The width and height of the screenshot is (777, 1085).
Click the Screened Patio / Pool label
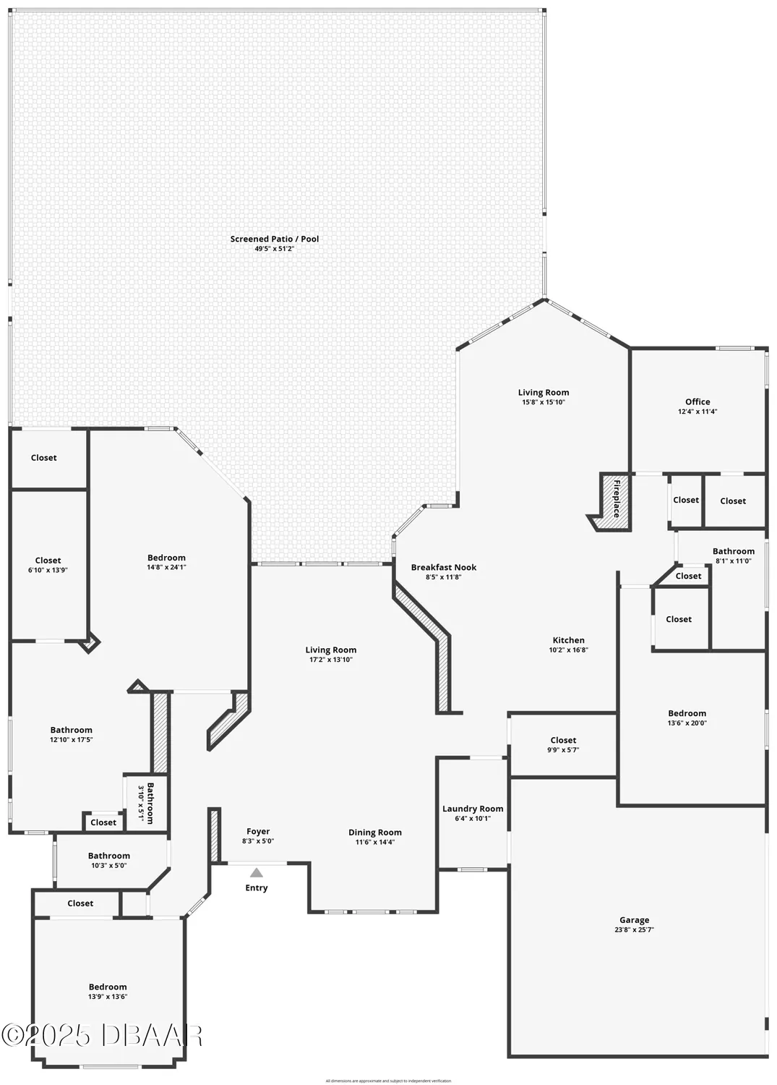274,239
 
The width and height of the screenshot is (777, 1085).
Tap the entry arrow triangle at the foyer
257,872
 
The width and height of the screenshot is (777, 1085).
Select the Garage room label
634,920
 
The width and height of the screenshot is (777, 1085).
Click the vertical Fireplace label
617,498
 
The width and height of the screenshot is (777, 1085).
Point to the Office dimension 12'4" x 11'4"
697,412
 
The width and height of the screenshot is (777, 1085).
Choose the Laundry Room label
473,809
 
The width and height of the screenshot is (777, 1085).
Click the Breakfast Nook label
444,567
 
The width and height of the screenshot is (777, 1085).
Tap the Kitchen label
568,640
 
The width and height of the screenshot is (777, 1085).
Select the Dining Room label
374,833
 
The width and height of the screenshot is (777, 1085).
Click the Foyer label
258,832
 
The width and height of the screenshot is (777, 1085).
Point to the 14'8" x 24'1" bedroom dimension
166,567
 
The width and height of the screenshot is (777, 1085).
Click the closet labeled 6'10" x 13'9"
48,561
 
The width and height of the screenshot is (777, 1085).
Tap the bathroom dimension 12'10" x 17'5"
71,739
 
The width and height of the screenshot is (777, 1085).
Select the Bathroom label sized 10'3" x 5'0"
109,856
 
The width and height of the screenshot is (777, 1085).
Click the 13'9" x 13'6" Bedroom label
108,987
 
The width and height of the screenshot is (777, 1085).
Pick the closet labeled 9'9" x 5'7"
563,740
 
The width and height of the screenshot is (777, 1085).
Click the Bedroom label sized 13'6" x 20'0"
687,713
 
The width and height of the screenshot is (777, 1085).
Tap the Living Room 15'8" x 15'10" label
543,393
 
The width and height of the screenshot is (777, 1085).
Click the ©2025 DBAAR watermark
102,1035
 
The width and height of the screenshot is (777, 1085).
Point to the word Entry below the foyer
257,888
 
